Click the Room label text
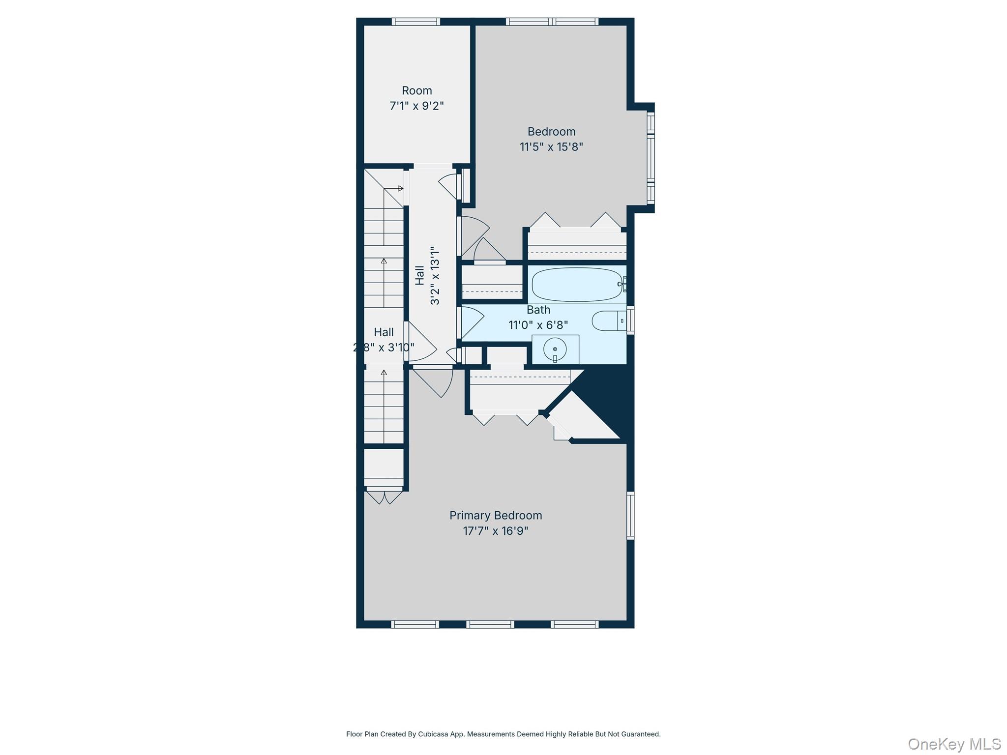coord(416,90)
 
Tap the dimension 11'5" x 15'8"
coord(551,147)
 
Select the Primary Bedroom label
coord(495,515)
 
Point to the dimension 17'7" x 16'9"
coord(495,531)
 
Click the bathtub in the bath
coord(576,284)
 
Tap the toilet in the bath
coord(608,321)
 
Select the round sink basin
coord(555,349)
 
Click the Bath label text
coord(538,310)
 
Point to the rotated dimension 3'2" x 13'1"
coord(435,275)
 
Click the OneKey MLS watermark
coord(954,744)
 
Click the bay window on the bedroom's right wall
coord(651,157)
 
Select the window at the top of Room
coord(415,21)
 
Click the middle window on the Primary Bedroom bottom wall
coord(490,625)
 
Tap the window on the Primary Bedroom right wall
coord(630,515)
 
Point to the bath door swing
coord(471,322)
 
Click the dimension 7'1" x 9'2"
coord(416,106)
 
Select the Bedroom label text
coord(551,131)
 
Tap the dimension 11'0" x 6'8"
coord(538,325)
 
